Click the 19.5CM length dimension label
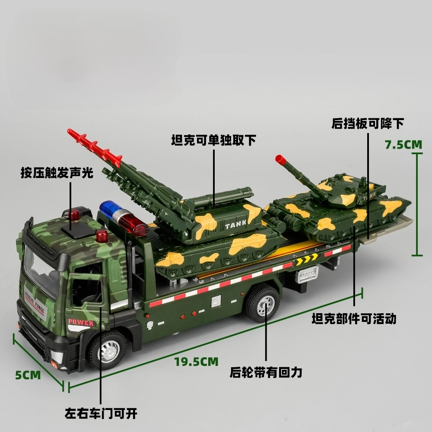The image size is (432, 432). coord(196,362)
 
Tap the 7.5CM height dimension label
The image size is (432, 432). coord(403,144)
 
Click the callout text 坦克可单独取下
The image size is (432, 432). coord(213,140)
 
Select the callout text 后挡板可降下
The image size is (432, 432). coord(368,124)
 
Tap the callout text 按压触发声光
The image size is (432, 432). coord(57,173)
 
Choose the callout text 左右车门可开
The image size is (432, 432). coord(101,413)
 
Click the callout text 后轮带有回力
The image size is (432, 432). coord(266,372)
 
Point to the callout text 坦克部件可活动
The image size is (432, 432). coord(354,319)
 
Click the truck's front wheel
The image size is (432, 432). coord(108,351)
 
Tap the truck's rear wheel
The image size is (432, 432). coord(263,304)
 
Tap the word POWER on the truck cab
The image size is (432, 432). coord(81,322)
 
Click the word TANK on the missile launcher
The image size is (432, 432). coord(235,225)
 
